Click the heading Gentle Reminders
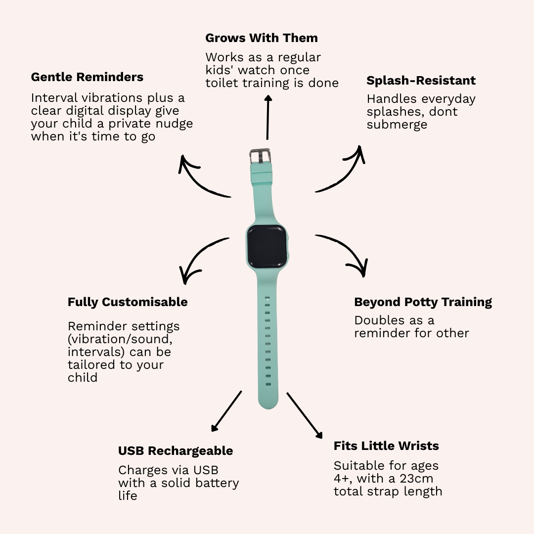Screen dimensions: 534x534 pos(87,77)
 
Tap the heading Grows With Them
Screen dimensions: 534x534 pos(262,38)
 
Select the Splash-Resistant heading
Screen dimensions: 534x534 pos(421,81)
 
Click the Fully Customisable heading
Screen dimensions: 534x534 pos(128,302)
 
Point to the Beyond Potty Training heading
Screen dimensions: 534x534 pos(423,302)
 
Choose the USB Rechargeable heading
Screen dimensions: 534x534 pos(176,451)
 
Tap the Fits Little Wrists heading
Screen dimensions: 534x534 pos(386,446)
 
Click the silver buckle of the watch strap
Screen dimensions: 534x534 pos(260,156)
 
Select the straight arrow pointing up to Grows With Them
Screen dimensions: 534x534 pos(267,117)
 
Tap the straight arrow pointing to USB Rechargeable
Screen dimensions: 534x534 pos(226,411)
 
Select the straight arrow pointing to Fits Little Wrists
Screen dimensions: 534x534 pos(305,415)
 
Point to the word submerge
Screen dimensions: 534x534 pos(397,125)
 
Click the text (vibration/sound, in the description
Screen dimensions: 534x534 pos(120,339)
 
